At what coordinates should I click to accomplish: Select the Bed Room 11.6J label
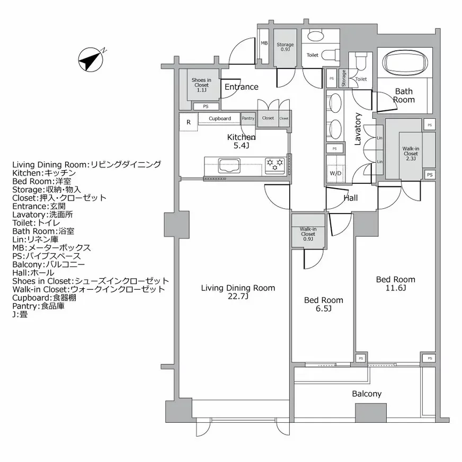pos(395,284)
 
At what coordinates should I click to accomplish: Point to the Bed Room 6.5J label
pos(323,305)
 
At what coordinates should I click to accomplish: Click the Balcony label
pos(367,394)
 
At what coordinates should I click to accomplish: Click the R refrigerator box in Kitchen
pos(188,122)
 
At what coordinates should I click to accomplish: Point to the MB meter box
pos(264,44)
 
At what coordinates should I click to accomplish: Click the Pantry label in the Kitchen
pos(247,118)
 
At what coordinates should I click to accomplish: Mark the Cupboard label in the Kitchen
pos(219,119)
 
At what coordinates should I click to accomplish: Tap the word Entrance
pos(242,87)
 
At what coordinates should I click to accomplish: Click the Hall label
pos(351,198)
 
